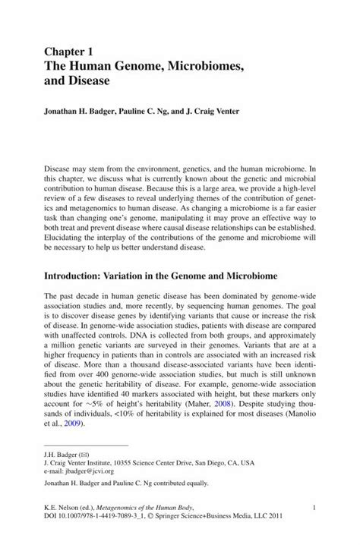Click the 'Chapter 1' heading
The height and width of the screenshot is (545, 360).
69,52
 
